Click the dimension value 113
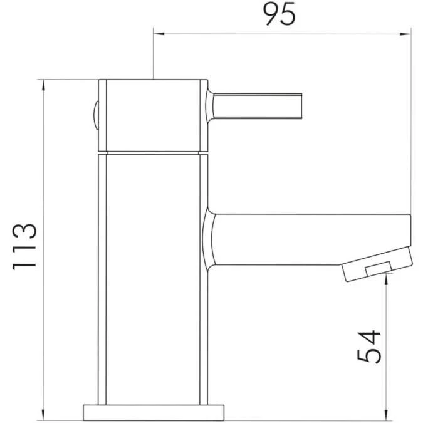pos(26,246)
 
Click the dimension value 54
pos(368,345)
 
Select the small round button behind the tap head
pos(95,117)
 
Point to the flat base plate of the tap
pos(154,412)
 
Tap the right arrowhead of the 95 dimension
pos(407,33)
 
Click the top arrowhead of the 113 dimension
pos(44,84)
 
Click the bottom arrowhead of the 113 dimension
pos(44,414)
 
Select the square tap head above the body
pos(154,115)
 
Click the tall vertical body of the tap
pos(154,276)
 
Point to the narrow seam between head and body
pos(154,153)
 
